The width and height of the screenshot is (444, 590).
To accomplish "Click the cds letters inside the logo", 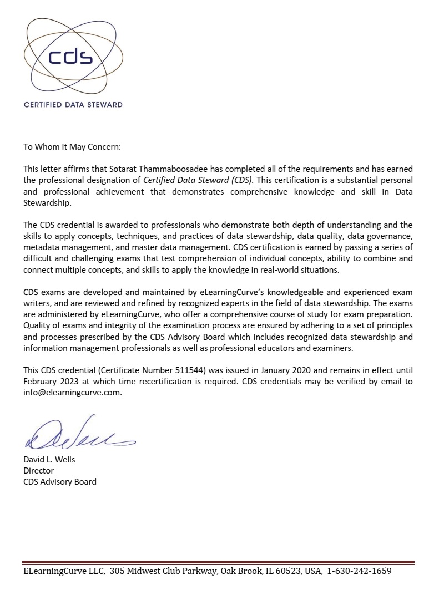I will (x=70, y=58).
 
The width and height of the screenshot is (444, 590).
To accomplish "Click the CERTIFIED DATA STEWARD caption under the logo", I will (x=73, y=104).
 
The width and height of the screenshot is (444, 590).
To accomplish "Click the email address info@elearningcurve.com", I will (x=72, y=393).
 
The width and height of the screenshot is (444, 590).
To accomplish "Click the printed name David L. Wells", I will (x=49, y=459).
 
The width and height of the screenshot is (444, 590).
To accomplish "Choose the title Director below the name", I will (x=38, y=470).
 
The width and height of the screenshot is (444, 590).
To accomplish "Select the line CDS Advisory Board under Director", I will (x=59, y=481).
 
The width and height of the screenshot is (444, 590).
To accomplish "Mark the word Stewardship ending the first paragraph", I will (x=47, y=202).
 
